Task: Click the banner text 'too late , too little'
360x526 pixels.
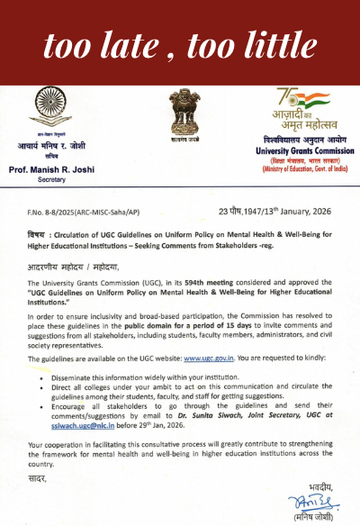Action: pyautogui.click(x=179, y=41)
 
